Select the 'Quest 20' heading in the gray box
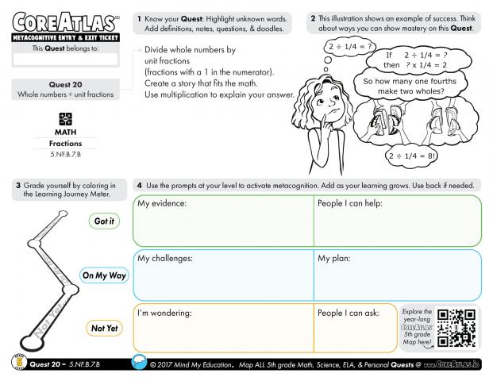(65, 85)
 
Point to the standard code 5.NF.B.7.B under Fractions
(65, 153)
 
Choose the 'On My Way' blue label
(104, 276)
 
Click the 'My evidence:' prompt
(162, 204)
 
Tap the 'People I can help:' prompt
(350, 204)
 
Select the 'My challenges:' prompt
(165, 258)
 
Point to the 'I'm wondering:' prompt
(165, 313)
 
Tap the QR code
(456, 326)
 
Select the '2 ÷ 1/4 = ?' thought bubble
(348, 48)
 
